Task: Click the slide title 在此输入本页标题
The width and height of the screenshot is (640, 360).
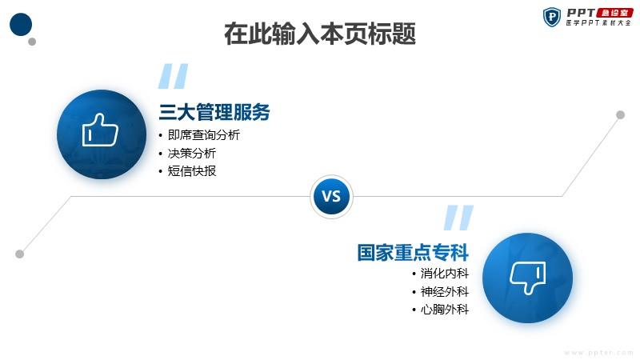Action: (x=320, y=34)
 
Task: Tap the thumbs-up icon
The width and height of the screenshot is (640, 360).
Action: (x=100, y=130)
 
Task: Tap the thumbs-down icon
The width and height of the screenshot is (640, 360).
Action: (x=527, y=278)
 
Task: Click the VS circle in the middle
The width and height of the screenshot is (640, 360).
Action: (x=331, y=197)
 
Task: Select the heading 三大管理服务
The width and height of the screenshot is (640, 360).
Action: (x=214, y=112)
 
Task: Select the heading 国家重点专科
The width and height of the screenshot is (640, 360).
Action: (x=413, y=252)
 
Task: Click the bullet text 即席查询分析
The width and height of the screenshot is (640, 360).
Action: (x=204, y=135)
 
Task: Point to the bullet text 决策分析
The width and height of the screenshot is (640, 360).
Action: (x=192, y=154)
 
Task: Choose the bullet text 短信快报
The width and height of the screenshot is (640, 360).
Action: (x=192, y=171)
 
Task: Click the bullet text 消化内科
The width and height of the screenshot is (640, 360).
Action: (x=445, y=274)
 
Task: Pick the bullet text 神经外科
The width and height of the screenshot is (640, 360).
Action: (x=445, y=292)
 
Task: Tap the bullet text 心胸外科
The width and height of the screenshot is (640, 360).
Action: (x=445, y=310)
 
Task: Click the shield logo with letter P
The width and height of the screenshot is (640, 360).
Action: (x=552, y=17)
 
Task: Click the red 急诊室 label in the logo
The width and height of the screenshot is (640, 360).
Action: (x=614, y=13)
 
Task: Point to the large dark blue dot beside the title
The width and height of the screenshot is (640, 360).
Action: (x=21, y=25)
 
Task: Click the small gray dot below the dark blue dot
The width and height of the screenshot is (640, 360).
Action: (x=32, y=42)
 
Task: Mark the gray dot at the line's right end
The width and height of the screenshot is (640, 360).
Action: (x=621, y=114)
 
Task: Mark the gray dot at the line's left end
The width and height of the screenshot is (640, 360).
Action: (x=19, y=254)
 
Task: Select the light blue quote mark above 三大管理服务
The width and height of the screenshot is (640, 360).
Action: (x=173, y=76)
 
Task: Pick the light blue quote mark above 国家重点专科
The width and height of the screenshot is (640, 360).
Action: (x=458, y=218)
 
